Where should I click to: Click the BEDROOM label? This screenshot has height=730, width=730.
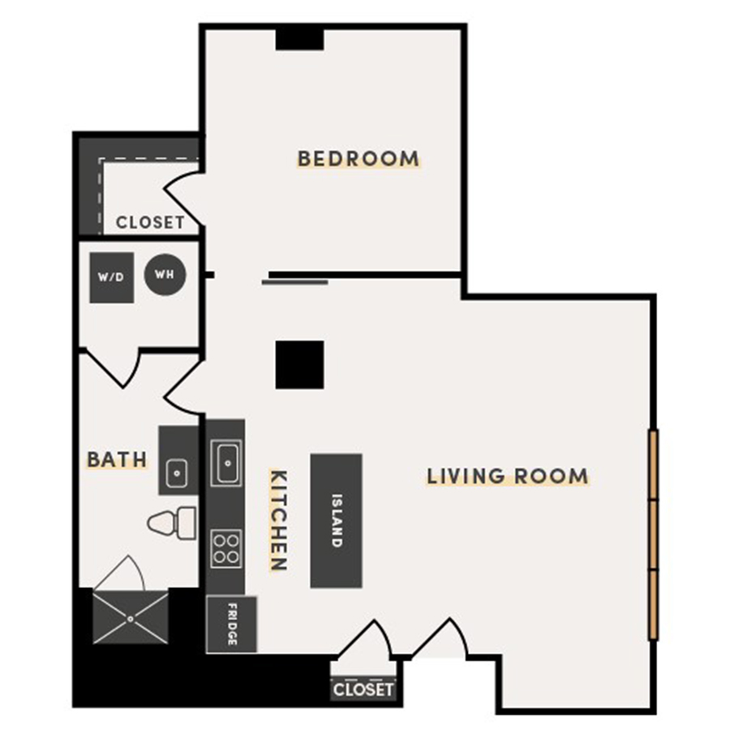point(359,158)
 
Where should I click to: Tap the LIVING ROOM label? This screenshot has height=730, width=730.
point(508,475)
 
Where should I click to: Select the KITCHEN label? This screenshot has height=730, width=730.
point(277,520)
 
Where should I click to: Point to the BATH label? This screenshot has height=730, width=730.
point(118,460)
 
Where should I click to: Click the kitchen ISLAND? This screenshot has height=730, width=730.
point(336,520)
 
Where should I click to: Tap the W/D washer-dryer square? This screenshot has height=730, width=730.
point(111,277)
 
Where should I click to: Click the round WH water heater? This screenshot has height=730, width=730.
point(165,274)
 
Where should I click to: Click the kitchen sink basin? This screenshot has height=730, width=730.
point(225,462)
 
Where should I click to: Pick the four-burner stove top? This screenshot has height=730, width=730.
point(225,547)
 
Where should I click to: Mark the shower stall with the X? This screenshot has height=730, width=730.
point(131,618)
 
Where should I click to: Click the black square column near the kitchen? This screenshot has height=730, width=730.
point(299,364)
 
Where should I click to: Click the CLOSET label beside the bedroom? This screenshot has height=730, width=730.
point(150,222)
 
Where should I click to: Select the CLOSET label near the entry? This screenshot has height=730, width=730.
point(364,689)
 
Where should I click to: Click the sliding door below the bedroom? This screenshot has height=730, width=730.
point(295,281)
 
